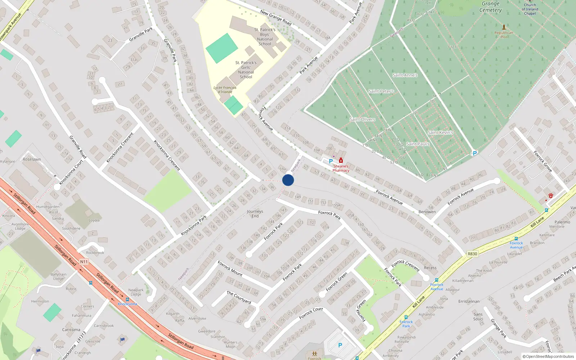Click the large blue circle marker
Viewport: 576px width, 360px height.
(x=288, y=180)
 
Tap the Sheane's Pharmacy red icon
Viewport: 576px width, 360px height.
(x=341, y=161)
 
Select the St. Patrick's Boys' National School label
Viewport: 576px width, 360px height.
(x=265, y=37)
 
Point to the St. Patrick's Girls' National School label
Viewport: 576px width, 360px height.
(x=246, y=69)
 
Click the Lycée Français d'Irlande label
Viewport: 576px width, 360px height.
(x=225, y=90)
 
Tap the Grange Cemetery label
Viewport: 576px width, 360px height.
(x=490, y=7)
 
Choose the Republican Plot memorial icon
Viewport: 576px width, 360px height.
(x=504, y=27)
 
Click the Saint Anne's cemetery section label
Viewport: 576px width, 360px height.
(x=405, y=75)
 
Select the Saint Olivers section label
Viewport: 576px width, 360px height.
(x=362, y=119)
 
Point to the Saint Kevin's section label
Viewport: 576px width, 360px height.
(x=440, y=132)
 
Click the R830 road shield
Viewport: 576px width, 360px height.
(x=472, y=254)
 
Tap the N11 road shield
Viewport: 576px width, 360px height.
(x=84, y=262)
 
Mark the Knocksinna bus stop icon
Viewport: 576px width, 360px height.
(x=127, y=299)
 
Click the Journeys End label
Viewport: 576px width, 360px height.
(x=255, y=214)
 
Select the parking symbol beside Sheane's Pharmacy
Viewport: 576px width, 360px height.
(x=331, y=161)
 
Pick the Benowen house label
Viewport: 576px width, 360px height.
(x=427, y=212)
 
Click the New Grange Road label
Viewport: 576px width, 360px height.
(x=276, y=17)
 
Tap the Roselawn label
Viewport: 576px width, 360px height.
(x=32, y=159)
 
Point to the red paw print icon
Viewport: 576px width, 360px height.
(x=551, y=195)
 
